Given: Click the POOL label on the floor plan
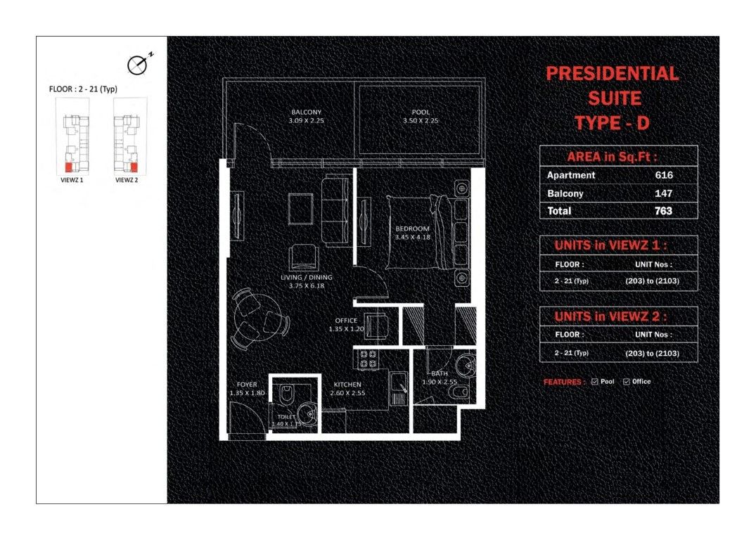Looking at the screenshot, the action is point(421,112).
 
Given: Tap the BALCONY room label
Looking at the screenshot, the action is point(306,112).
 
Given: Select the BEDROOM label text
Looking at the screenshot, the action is point(412,229).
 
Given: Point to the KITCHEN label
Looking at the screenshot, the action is point(347,385).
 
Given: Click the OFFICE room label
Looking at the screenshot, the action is point(346,320).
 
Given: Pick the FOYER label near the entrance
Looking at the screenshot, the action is point(247,385).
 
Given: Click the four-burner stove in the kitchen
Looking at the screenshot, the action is point(369,359).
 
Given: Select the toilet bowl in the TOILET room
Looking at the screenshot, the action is point(286,392).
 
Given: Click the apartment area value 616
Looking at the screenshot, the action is point(663,175).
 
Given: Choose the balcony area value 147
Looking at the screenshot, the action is point(663,193).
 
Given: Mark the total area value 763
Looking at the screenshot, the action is point(663,211).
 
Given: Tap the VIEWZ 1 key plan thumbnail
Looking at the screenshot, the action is point(72,136).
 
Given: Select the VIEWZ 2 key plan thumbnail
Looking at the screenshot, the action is point(129,136).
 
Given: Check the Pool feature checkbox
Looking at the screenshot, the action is point(595,382).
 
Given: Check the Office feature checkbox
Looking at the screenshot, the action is point(627,382).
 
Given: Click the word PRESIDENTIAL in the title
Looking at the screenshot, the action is point(613,73).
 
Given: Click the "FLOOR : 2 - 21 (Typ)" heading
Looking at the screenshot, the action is point(83,89).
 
